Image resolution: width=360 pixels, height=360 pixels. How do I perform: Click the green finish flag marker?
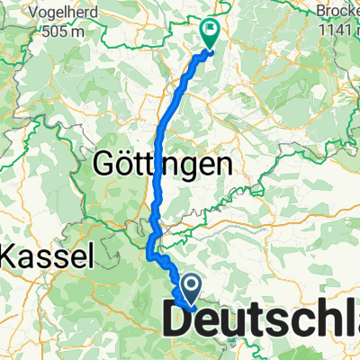click(210, 33)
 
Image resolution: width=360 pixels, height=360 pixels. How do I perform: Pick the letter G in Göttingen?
click(106, 164)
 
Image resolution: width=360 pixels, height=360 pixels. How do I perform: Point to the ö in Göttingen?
click(125, 164)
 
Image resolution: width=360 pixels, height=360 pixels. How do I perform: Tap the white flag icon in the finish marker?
click(210, 30)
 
